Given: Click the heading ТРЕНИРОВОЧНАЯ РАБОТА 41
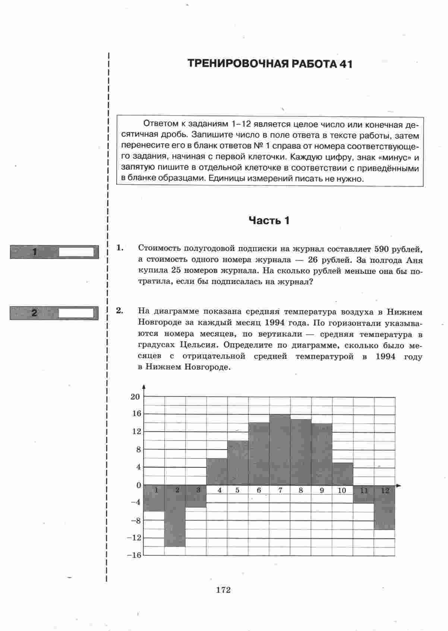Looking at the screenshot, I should (x=269, y=64).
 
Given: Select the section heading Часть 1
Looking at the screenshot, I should (x=269, y=221).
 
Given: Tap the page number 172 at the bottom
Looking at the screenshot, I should (x=223, y=590).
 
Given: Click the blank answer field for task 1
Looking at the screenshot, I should (x=76, y=252).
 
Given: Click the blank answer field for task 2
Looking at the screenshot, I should (x=76, y=313).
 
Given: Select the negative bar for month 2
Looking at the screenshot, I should (x=175, y=518).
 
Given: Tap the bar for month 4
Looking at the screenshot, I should (x=217, y=472).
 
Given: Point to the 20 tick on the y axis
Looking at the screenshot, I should (x=135, y=397).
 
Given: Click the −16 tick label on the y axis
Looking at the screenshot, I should (x=135, y=555).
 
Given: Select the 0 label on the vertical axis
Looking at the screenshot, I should (x=139, y=485).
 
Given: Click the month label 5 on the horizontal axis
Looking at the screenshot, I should (x=237, y=490).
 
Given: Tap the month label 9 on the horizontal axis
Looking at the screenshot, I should (x=322, y=490).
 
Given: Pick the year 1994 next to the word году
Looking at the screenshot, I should (x=386, y=356).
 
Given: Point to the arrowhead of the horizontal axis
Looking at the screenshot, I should (x=399, y=486).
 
